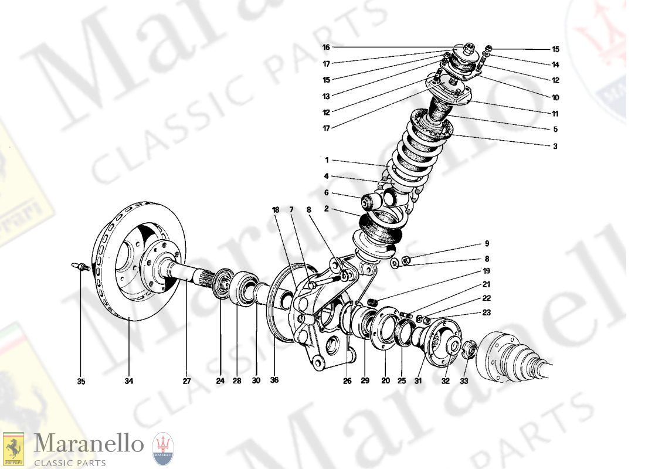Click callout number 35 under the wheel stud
pyautogui.click(x=81, y=382)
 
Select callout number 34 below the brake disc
pyautogui.click(x=128, y=382)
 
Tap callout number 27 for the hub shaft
pyautogui.click(x=187, y=380)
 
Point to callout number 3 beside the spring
pyautogui.click(x=554, y=146)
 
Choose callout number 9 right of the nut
pyautogui.click(x=486, y=244)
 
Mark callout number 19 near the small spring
pyautogui.click(x=486, y=272)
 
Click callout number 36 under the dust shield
pyautogui.click(x=274, y=380)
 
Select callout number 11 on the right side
pyautogui.click(x=555, y=114)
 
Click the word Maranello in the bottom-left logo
pyautogui.click(x=88, y=444)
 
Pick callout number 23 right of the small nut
pyautogui.click(x=486, y=312)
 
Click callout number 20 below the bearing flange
pyautogui.click(x=385, y=380)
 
